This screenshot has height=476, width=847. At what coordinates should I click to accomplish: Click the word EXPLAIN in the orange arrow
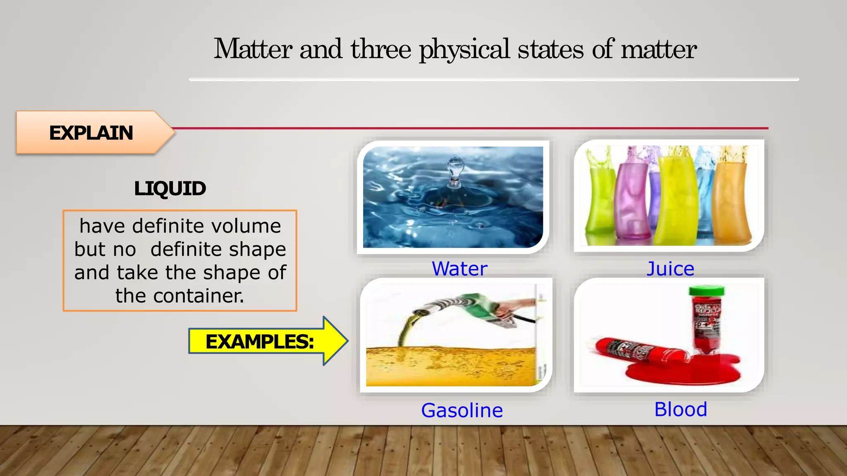click(x=91, y=133)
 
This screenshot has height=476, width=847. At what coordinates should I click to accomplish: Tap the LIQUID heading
click(x=170, y=189)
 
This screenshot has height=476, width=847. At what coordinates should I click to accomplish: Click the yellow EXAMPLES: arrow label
click(x=260, y=342)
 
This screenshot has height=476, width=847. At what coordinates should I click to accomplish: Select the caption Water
click(x=459, y=269)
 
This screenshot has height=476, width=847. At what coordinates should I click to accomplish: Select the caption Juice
click(x=670, y=269)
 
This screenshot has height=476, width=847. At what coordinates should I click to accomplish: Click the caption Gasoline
click(x=462, y=411)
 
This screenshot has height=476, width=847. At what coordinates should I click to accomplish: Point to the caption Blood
click(x=681, y=409)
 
